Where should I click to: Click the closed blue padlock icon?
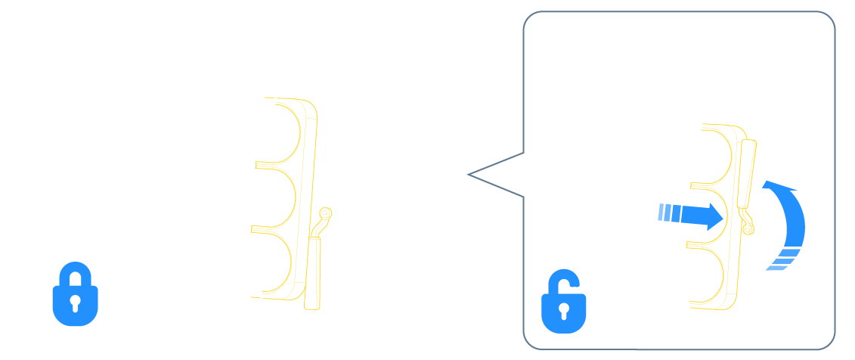click(x=74, y=293)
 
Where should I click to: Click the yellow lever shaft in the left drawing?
click(x=313, y=265)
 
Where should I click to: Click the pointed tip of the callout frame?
click(x=469, y=175)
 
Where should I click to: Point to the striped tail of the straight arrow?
click(x=664, y=213)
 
